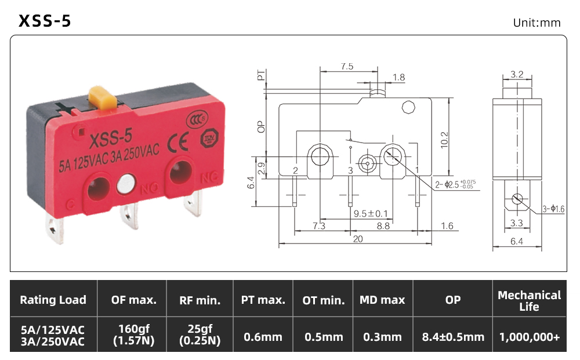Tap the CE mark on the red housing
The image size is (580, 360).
(177, 143)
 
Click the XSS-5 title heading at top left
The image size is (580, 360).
(45, 21)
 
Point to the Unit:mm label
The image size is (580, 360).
(536, 23)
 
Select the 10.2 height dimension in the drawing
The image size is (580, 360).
(444, 140)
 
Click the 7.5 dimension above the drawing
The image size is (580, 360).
(347, 67)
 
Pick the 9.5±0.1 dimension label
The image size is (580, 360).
(371, 214)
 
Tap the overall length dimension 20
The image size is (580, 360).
(358, 239)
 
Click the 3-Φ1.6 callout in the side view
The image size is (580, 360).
(553, 209)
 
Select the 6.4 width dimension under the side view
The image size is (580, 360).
(517, 241)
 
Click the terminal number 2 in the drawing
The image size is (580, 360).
(295, 171)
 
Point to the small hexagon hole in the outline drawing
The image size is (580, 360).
(408, 107)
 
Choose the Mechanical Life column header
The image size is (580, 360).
(530, 300)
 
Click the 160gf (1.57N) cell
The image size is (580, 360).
(134, 334)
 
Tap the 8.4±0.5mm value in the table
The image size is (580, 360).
(453, 337)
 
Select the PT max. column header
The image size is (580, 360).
(263, 300)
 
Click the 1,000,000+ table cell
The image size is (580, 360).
(530, 337)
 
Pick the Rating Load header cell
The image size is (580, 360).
(53, 300)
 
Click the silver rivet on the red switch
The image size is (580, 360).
(126, 184)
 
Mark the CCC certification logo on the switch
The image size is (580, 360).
(197, 121)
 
